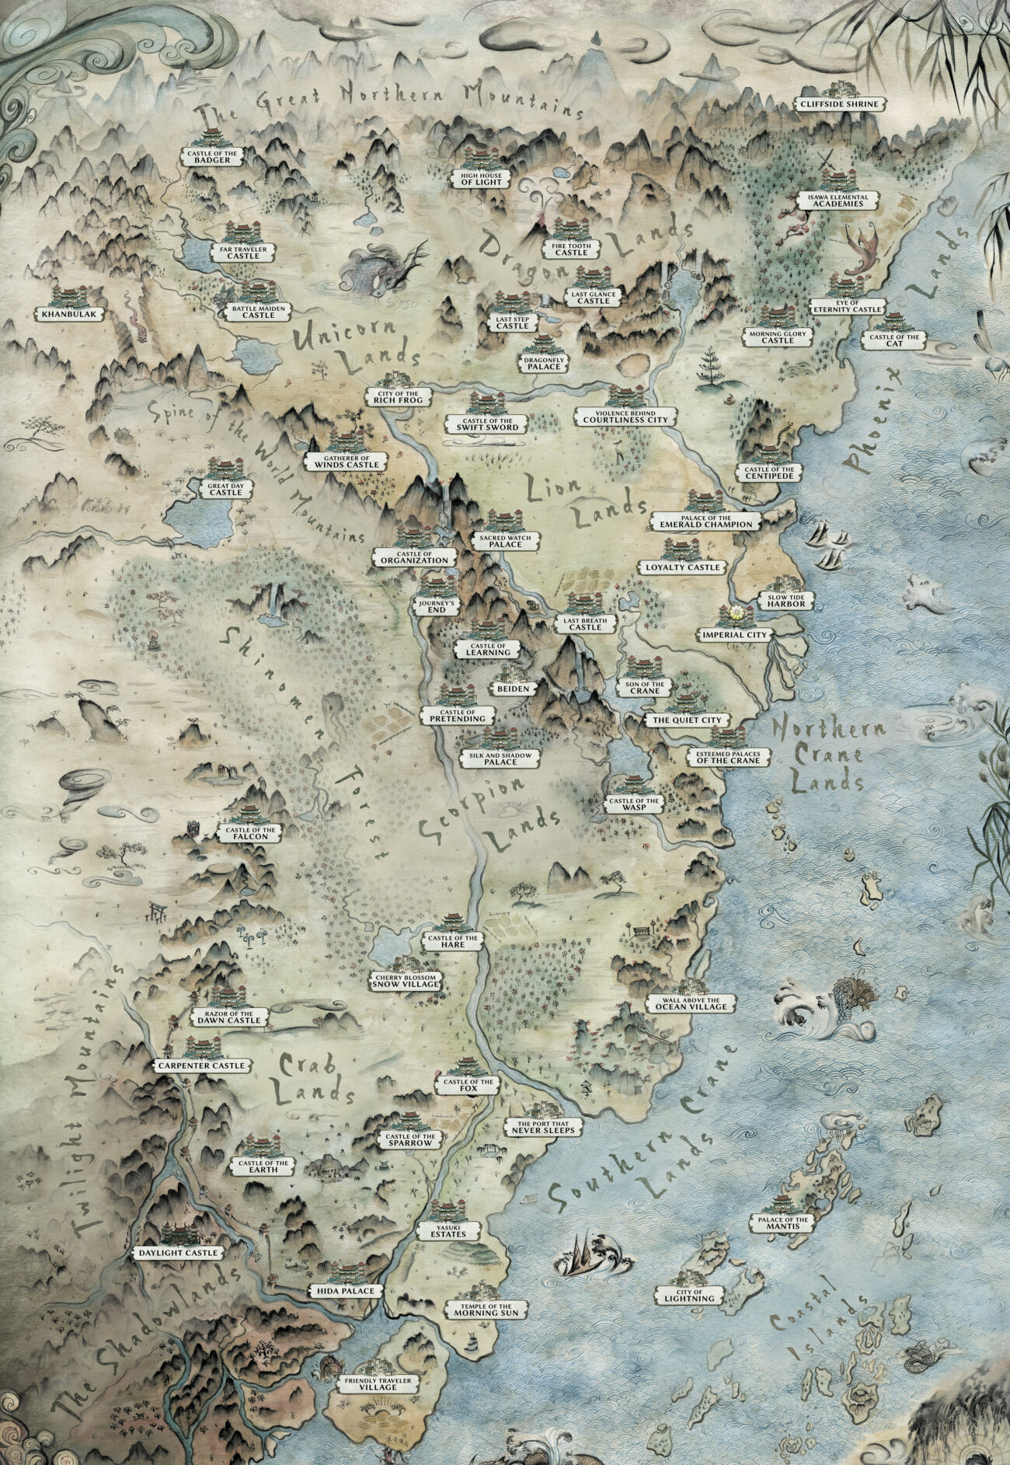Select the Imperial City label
tap(734, 634)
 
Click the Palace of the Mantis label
tap(789, 1223)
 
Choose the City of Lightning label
tap(689, 1295)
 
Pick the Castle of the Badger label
tap(212, 156)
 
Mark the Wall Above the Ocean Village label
tap(691, 1003)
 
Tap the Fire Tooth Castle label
tap(571, 249)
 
